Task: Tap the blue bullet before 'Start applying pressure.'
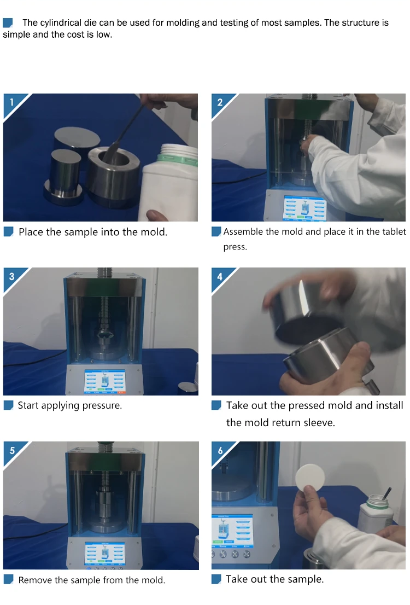click(x=9, y=405)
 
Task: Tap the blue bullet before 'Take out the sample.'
click(x=216, y=579)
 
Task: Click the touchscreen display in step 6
click(x=232, y=531)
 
